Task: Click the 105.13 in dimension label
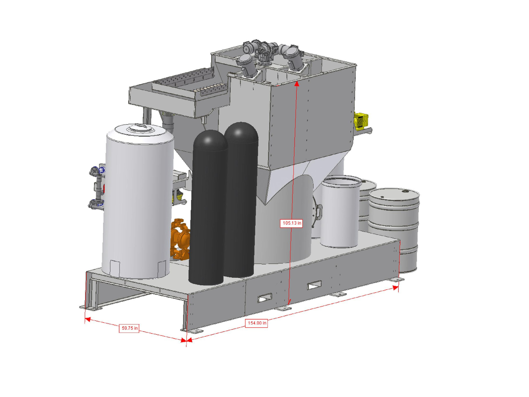(x=291, y=223)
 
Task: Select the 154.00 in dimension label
(x=257, y=323)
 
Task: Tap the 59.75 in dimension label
(x=129, y=328)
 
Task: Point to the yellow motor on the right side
(x=361, y=121)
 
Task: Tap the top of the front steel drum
(x=394, y=194)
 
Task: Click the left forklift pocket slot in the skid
(x=265, y=298)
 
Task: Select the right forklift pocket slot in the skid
(x=314, y=285)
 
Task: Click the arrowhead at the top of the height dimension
(x=297, y=84)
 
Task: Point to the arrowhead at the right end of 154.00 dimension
(x=395, y=288)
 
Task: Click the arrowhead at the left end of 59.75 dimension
(x=88, y=319)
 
